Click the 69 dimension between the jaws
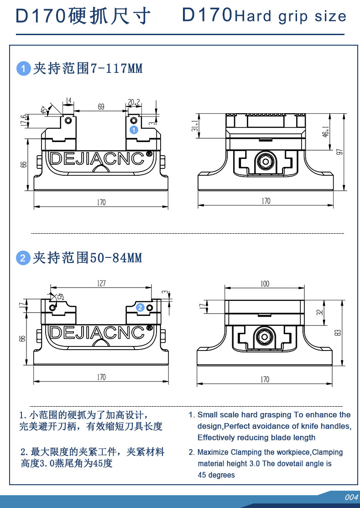[x=101, y=107]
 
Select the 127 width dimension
[x=101, y=283]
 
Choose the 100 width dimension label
[x=265, y=284]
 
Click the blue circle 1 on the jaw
[x=133, y=130]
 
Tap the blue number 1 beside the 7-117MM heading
[x=23, y=69]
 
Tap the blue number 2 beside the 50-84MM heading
[x=23, y=258]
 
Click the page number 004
[x=351, y=497]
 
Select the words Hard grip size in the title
[x=290, y=17]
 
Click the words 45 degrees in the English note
[x=216, y=475]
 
